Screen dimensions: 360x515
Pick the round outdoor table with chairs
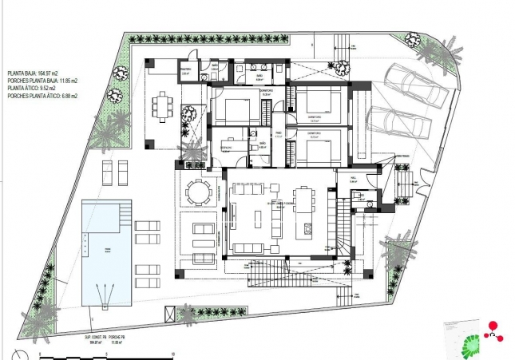tap(197, 192)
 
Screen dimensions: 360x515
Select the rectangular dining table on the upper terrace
tap(164, 104)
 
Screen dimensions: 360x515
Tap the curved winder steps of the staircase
tap(344, 243)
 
